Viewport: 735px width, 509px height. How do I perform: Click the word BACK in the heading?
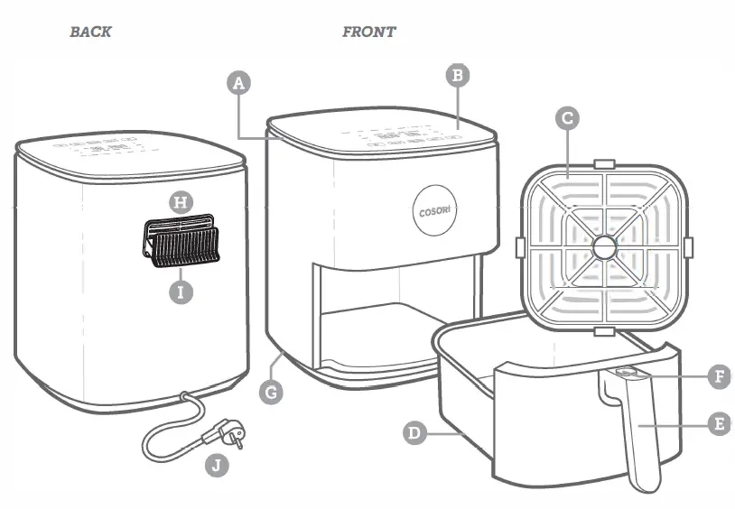pyautogui.click(x=90, y=32)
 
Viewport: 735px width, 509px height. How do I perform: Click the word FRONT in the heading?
pyautogui.click(x=368, y=32)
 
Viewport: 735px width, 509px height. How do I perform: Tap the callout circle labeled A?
pyautogui.click(x=238, y=84)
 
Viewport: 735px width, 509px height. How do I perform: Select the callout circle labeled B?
pyautogui.click(x=458, y=76)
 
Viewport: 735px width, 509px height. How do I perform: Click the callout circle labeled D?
pyautogui.click(x=414, y=433)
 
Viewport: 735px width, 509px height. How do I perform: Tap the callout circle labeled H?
pyautogui.click(x=181, y=202)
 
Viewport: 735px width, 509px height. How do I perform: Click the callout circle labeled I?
pyautogui.click(x=181, y=292)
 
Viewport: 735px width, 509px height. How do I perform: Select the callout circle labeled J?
pyautogui.click(x=215, y=466)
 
